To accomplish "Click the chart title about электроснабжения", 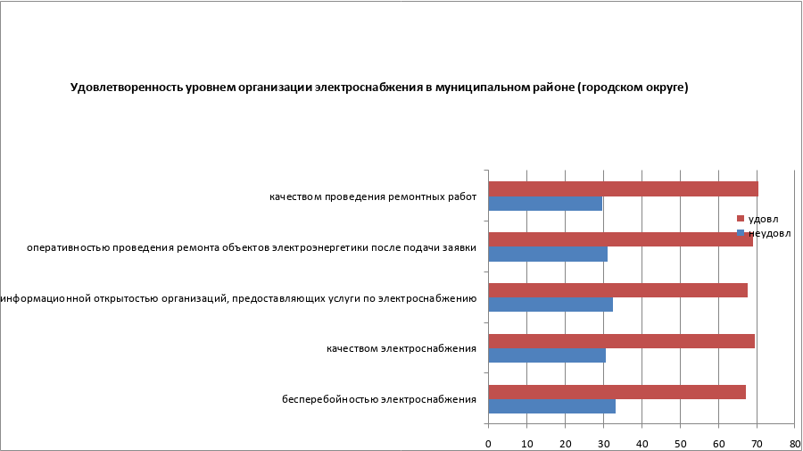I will pos(379,88).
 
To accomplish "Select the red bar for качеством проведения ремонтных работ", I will pos(623,189).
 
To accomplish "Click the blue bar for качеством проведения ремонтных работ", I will pos(545,204).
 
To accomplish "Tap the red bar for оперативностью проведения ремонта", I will pos(620,239).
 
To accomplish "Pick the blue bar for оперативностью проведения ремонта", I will pos(548,254).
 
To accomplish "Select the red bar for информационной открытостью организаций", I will pos(617,290).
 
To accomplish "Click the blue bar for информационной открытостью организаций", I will pos(551,305).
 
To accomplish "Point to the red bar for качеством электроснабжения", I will pos(621,341).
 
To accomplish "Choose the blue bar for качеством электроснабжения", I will pos(547,355).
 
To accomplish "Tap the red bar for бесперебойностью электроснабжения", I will pos(617,392).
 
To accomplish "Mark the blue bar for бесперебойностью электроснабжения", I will pos(551,406).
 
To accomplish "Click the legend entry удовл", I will pos(762,219).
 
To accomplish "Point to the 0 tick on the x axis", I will pos(488,443).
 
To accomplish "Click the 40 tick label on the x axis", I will pos(642,443).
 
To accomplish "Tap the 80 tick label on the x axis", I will pos(794,443).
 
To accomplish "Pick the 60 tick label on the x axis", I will pos(718,443).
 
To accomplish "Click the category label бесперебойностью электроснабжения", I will pos(378,399).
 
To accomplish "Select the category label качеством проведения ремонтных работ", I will pos(372,196).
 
